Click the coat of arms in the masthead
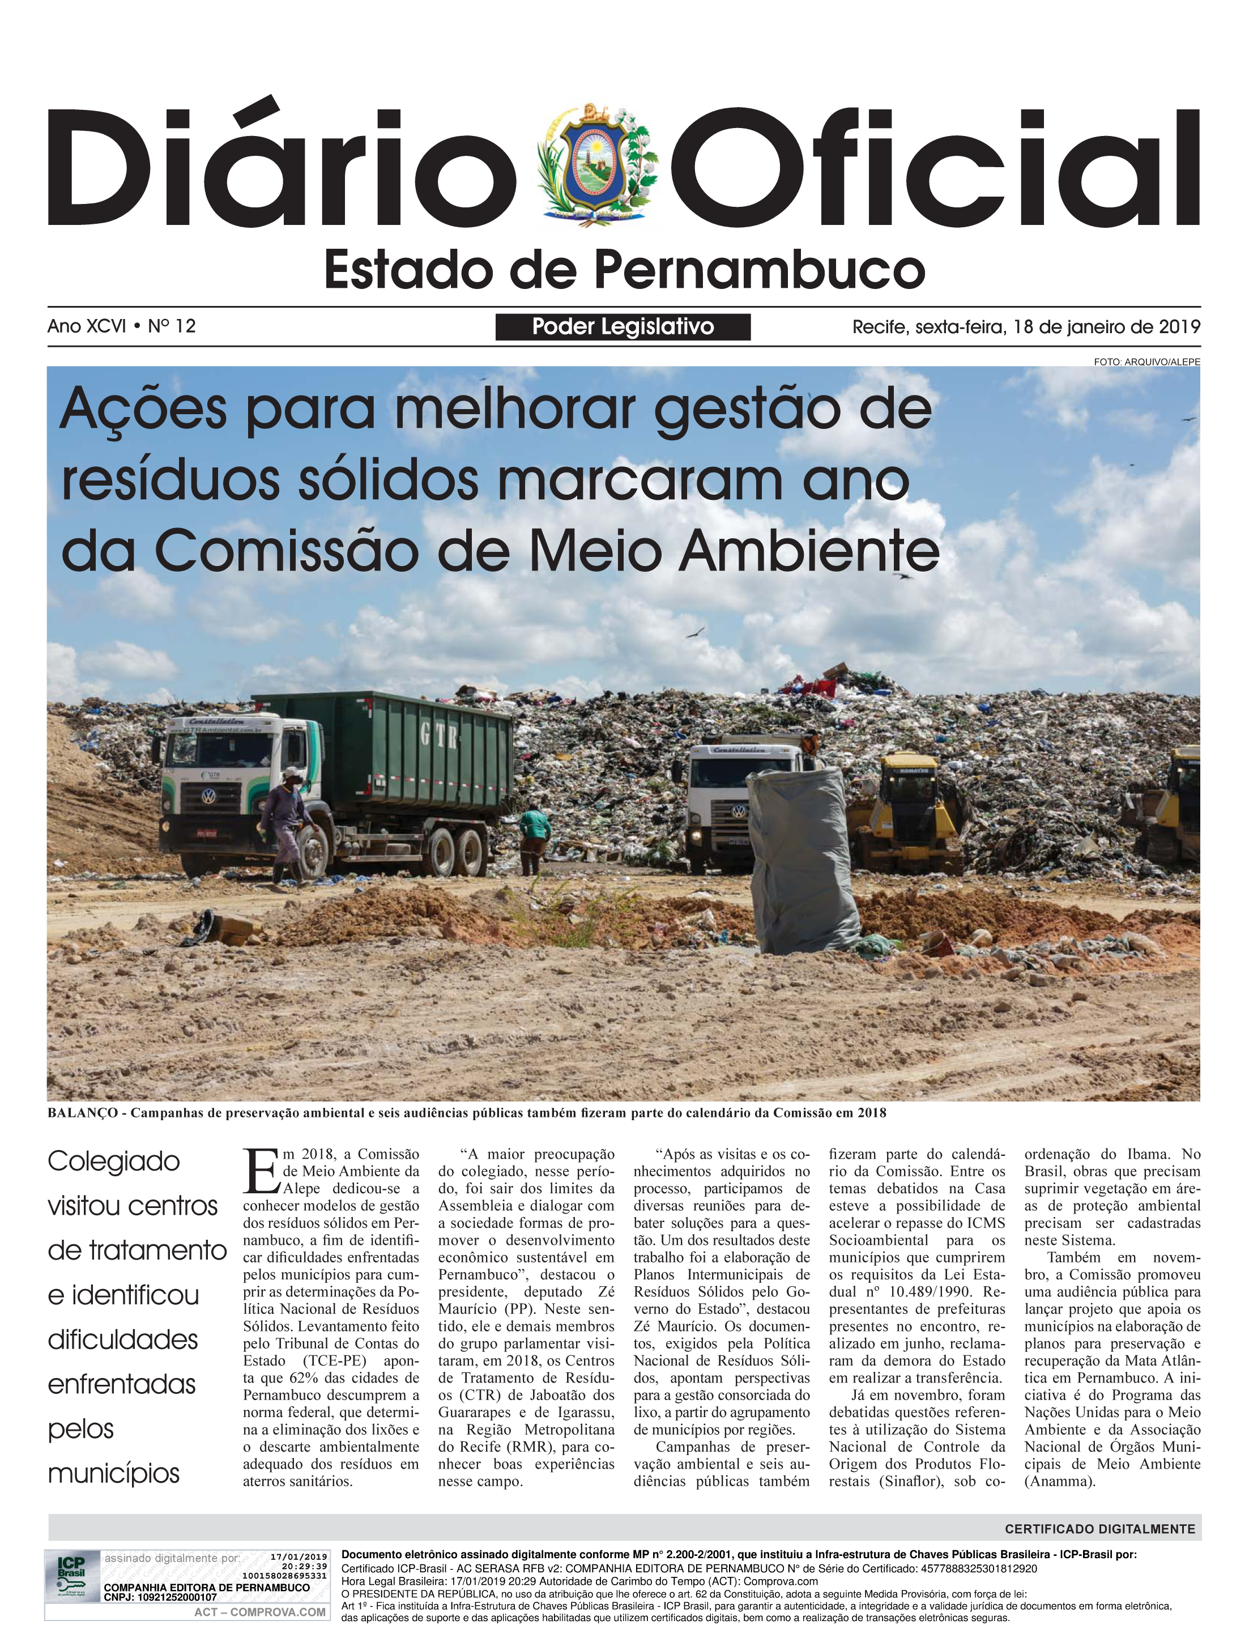[x=597, y=165]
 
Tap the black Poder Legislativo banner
[x=623, y=326]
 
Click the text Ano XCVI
[x=86, y=326]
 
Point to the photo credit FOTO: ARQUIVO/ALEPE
[x=1146, y=361]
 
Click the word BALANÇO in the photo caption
[x=82, y=1113]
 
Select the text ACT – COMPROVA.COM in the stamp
[x=259, y=1612]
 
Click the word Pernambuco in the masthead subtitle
[x=760, y=271]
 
